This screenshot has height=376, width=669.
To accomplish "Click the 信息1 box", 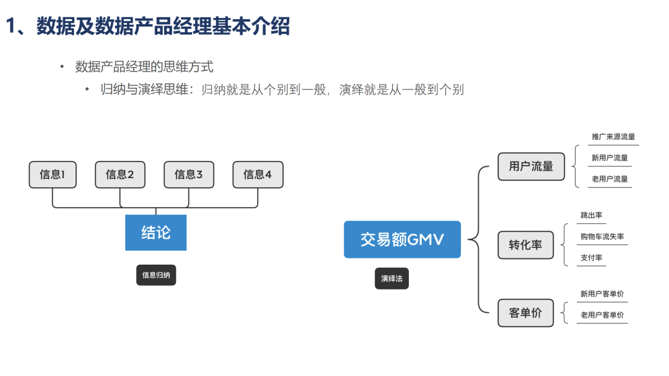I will tap(52, 174).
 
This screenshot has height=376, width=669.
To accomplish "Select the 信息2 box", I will tap(120, 174).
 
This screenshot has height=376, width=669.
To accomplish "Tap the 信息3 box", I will tap(188, 174).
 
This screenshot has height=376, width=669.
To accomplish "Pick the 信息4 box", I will tap(258, 174).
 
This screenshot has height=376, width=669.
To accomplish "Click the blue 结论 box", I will tap(155, 233).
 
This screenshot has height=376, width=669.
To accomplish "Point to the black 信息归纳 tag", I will tap(156, 275).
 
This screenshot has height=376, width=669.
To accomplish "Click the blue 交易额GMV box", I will tap(402, 239).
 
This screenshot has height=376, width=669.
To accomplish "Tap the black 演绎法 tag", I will tap(391, 279).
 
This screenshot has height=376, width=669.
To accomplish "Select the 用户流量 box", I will tap(531, 166).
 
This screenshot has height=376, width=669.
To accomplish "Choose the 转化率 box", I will tap(525, 245).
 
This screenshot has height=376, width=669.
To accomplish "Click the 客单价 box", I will tap(525, 313).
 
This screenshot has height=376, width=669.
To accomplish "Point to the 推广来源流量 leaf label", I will tap(613, 137).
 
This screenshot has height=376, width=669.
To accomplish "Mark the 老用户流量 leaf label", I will tap(610, 179).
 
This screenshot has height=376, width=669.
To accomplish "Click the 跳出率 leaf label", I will tap(592, 215).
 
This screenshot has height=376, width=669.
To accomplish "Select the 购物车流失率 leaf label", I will tap(602, 237).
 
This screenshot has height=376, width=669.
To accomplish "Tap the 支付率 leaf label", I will tap(592, 258).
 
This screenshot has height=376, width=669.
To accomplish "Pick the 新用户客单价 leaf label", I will tap(602, 294).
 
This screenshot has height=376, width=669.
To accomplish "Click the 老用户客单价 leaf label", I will tap(602, 315).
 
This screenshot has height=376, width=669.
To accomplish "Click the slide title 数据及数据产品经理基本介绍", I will tap(163, 27).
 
